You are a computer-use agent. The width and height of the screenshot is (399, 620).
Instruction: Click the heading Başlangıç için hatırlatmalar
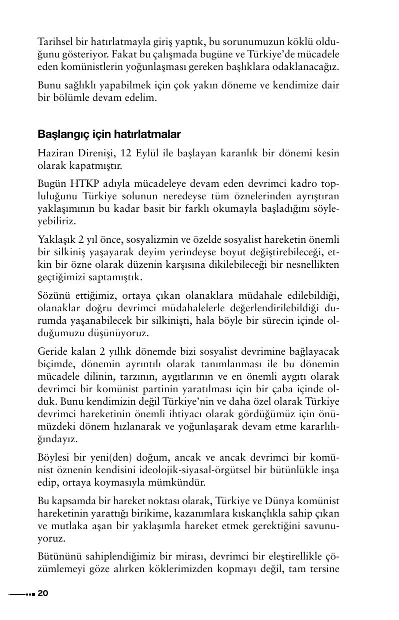tap(109, 134)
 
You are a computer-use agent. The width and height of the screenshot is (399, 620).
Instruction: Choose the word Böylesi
tap(54, 457)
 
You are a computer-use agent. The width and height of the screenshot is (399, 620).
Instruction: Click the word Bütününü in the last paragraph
tap(57, 556)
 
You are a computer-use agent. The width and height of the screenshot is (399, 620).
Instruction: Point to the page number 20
tap(42, 594)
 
